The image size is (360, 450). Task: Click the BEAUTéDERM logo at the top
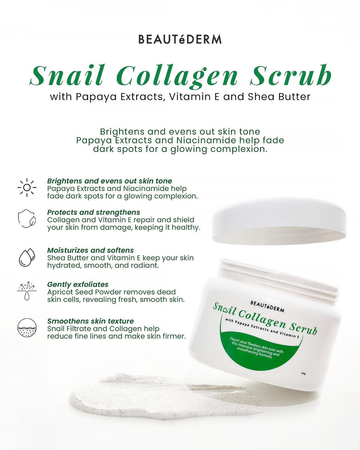(180, 39)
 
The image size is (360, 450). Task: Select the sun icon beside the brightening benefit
(27, 187)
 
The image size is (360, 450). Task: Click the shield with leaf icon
(27, 219)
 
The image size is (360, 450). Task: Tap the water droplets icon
(27, 257)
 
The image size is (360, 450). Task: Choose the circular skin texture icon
(27, 328)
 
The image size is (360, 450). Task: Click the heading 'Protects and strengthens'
(94, 212)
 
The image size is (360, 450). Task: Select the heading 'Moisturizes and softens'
(90, 250)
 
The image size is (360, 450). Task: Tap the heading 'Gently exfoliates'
(78, 284)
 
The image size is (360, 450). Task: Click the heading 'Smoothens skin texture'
(90, 321)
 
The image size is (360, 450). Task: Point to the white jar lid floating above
(279, 221)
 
